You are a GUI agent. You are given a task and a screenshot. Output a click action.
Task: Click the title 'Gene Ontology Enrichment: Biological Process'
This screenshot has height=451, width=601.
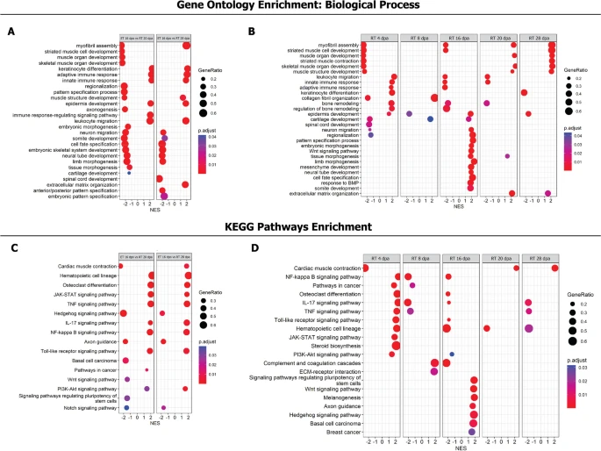[x=300, y=6]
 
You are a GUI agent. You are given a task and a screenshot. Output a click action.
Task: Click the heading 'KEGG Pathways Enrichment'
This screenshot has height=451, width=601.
[x=300, y=227]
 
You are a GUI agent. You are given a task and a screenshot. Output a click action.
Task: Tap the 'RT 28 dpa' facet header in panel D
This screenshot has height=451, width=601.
[x=540, y=258]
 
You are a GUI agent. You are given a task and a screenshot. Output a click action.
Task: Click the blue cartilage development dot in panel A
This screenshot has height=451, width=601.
[x=129, y=173]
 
